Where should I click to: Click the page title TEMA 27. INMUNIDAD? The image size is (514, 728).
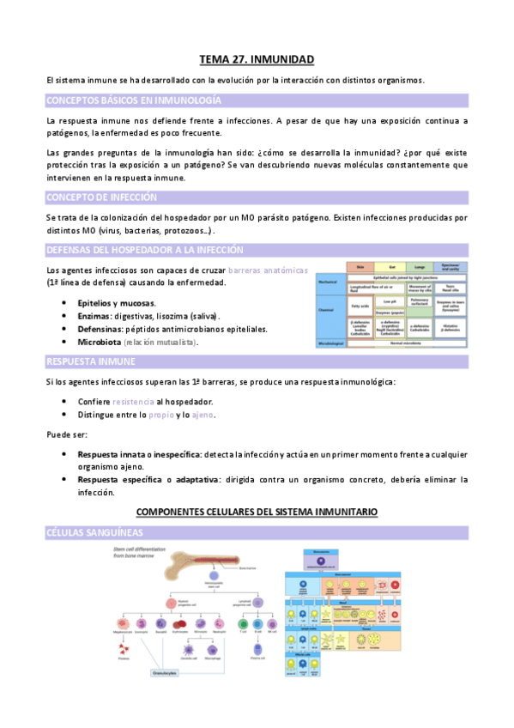tap(257, 59)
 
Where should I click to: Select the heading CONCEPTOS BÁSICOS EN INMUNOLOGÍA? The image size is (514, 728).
tap(112, 100)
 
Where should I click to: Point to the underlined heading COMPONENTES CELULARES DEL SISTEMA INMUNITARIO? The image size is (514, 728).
tap(257, 513)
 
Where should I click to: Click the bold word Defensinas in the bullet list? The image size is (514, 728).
tap(102, 329)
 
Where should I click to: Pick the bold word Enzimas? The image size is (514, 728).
tap(95, 316)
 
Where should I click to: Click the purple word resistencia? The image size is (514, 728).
tap(132, 402)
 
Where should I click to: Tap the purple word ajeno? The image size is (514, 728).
tap(203, 415)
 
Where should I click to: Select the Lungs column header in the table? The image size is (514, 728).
tap(420, 267)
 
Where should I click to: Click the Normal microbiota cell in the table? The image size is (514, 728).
tap(405, 343)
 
